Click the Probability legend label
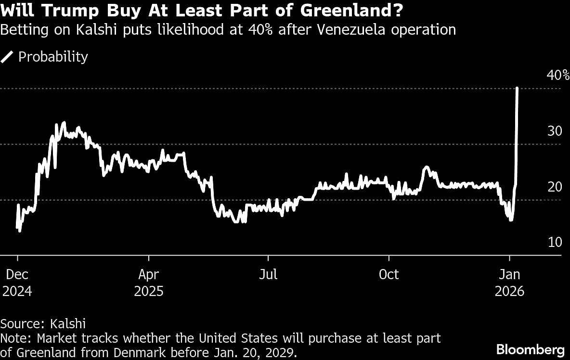tap(53, 57)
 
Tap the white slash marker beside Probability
tap(8, 57)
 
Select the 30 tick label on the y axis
tap(555, 131)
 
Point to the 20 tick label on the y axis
tap(555, 187)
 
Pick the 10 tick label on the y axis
tap(555, 242)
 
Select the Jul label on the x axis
tap(268, 274)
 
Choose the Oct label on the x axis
tap(389, 274)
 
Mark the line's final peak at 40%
tap(517, 89)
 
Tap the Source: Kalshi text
tap(43, 323)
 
